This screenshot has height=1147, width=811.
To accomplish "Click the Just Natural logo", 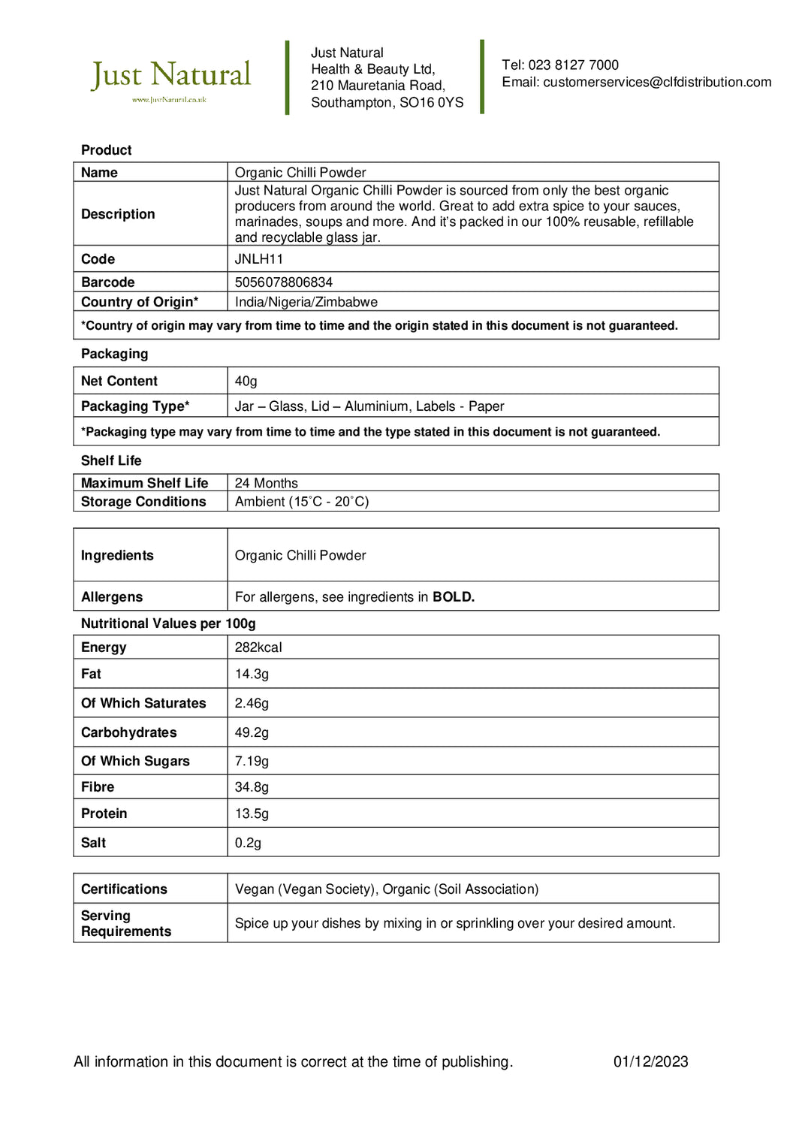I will coord(170,77).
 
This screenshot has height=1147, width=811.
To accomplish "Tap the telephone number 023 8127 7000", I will coord(573,65).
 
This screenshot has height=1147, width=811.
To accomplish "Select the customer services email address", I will coord(657,82).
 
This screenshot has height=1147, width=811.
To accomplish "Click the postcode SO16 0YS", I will coord(431,103).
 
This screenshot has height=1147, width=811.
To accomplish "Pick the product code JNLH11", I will coord(259,259).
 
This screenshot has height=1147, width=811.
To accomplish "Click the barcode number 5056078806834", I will coord(284,282).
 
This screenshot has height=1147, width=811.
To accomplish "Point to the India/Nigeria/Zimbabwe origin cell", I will coord(306,302).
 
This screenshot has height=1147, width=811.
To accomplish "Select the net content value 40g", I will coord(246,382).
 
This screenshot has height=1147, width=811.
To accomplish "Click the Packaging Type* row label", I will coord(135,406).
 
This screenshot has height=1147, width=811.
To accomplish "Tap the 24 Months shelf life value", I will coord(267,483).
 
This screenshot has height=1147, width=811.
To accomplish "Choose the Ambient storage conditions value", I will coord(302,502).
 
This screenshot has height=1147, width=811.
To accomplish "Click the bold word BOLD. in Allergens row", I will coord(454,597).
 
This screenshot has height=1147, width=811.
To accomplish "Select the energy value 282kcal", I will coord(258,647).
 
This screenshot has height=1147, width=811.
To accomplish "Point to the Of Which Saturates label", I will coord(143,703).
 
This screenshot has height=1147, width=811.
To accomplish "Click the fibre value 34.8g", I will coord(252,787).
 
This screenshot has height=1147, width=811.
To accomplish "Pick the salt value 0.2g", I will coord(248,843).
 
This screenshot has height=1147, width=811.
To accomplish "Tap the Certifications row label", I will coord(124,889).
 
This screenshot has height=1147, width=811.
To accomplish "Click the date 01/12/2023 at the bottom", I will coord(650,1061).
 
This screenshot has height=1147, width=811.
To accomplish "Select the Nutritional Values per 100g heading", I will coord(168,623).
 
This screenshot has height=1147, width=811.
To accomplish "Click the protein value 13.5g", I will coord(252,813).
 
